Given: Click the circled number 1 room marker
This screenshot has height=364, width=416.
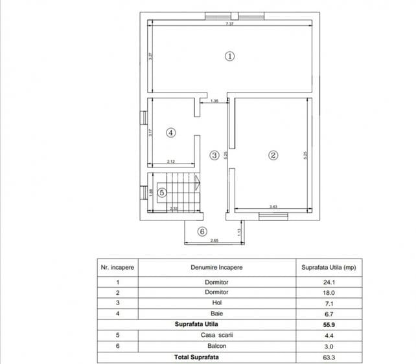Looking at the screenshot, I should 229,56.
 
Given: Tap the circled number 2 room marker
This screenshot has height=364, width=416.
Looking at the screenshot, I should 273,155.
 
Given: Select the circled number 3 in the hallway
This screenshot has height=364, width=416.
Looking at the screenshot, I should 214,155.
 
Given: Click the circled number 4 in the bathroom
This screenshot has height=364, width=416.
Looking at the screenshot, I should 170,133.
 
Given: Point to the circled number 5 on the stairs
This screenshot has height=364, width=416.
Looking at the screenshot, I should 163,192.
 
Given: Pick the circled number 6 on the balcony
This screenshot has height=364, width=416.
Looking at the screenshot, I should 202,231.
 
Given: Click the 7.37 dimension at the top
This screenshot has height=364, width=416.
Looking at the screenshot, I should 229,24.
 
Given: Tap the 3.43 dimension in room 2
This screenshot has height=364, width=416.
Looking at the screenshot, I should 273,207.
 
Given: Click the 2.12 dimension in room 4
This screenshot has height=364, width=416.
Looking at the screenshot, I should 170,161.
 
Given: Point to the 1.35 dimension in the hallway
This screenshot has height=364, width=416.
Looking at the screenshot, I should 214,101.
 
